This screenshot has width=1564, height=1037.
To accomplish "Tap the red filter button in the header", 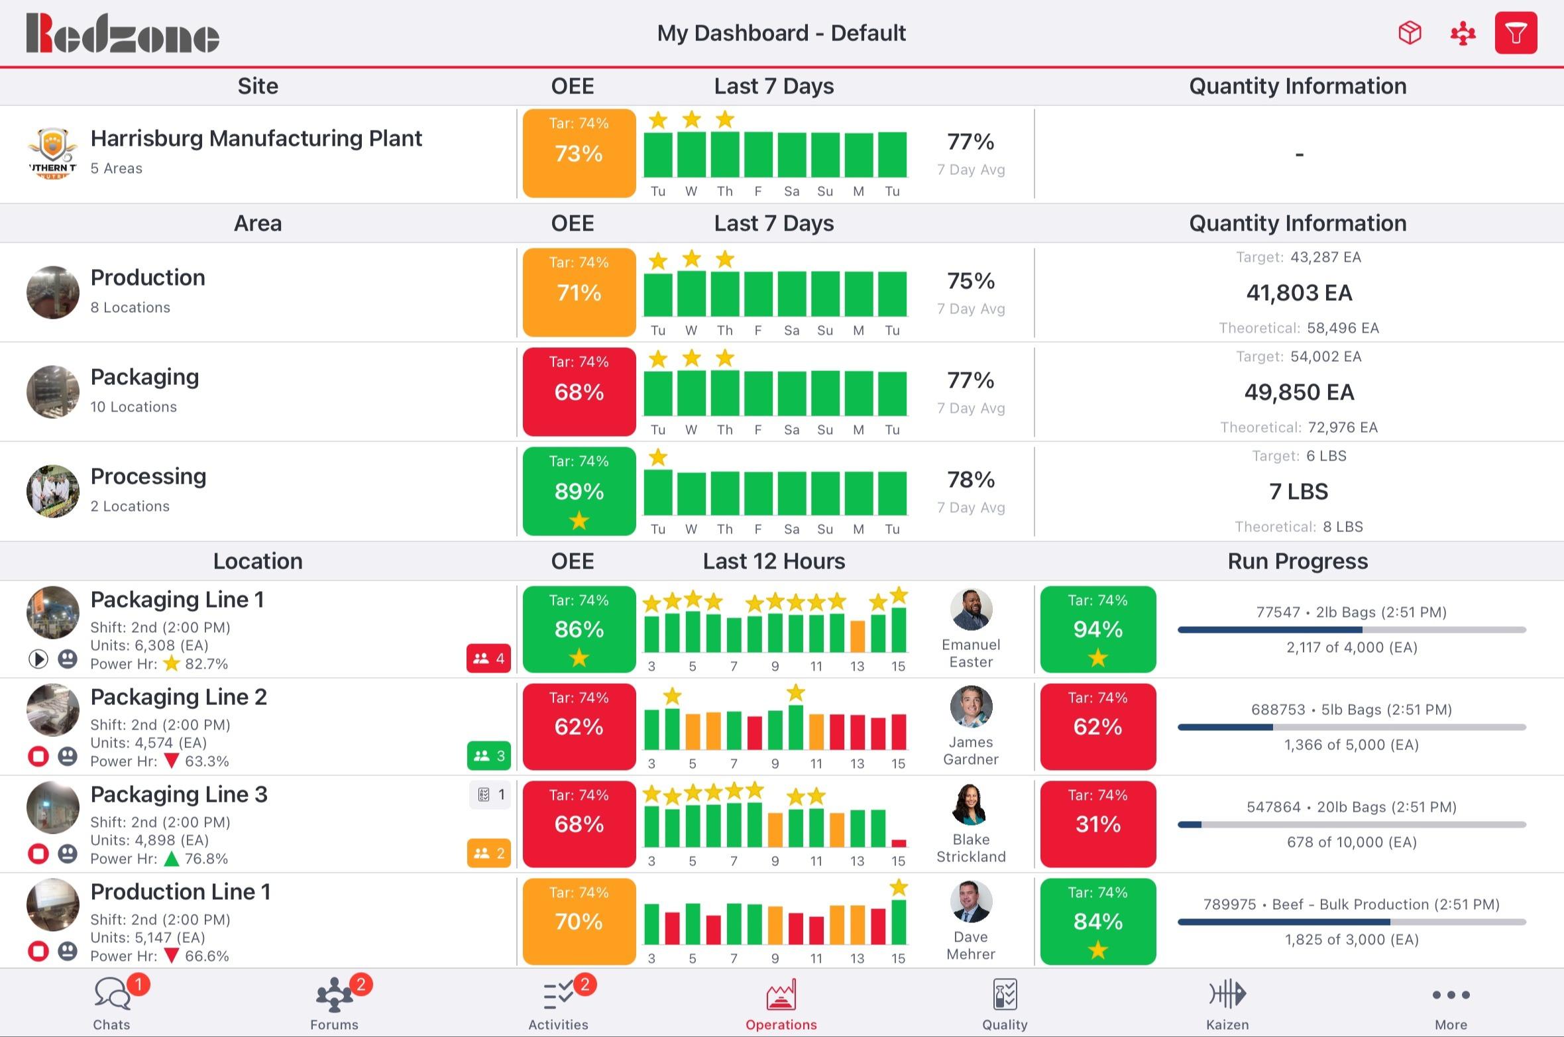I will (x=1515, y=33).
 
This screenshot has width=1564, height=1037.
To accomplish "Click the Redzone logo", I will (x=123, y=33).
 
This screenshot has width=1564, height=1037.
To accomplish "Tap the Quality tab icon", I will (x=1005, y=994).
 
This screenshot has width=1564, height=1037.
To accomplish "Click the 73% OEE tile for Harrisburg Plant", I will (x=579, y=153).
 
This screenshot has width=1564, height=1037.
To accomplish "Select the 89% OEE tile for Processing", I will (x=579, y=491).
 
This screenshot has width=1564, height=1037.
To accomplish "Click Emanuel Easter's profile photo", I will (x=971, y=610).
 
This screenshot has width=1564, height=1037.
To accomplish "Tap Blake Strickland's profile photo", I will (x=971, y=804).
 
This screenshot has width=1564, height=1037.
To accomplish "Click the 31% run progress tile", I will (x=1097, y=824).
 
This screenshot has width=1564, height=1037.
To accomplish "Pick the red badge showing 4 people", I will (x=488, y=659).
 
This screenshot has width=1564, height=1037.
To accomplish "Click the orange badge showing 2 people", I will (x=488, y=853).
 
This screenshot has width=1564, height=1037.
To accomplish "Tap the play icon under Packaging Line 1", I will (x=38, y=659).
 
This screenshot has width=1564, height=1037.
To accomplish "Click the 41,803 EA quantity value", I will (x=1298, y=293).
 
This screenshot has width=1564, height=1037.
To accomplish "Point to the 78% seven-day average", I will (x=970, y=480).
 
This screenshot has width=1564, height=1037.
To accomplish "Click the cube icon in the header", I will (x=1410, y=33).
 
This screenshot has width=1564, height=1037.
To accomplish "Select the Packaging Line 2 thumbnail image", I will (x=52, y=710).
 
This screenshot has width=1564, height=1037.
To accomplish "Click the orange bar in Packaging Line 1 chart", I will (x=858, y=636).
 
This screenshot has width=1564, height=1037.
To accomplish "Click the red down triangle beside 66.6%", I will (x=172, y=955).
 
